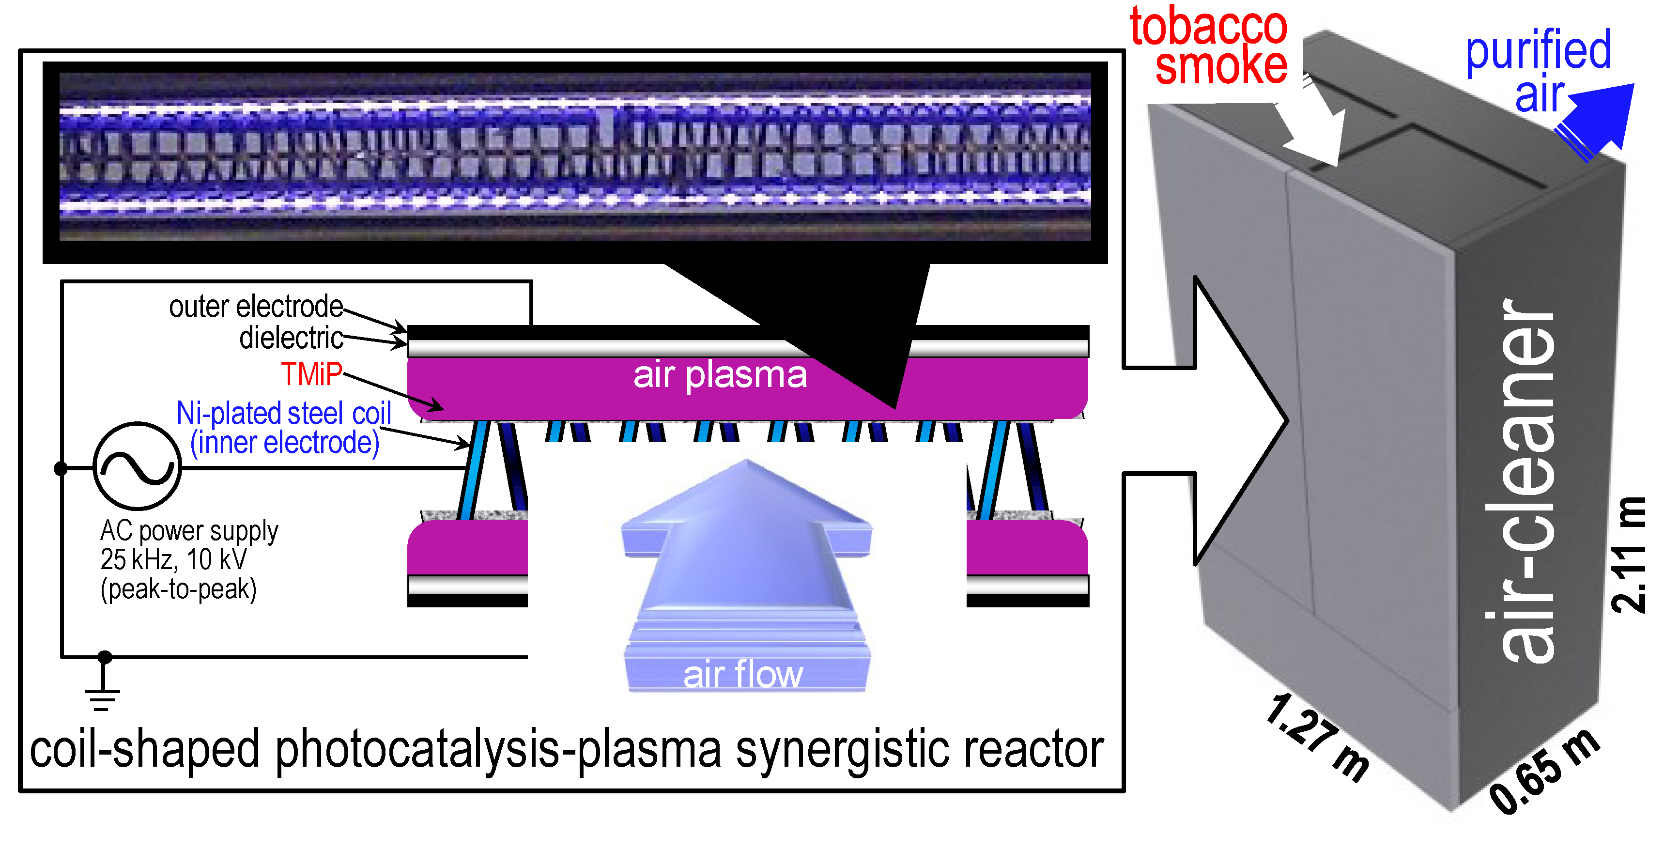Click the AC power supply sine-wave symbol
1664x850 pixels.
point(137,466)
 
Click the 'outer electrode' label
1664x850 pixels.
point(256,307)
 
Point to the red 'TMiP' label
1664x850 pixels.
point(311,374)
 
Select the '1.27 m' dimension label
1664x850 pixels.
point(1318,736)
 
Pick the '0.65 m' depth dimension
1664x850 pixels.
point(1544,772)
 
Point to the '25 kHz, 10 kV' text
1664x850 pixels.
point(173,559)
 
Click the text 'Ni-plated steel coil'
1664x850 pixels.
point(284,413)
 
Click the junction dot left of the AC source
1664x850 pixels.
point(61,468)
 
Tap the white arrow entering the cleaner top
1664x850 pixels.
point(1318,129)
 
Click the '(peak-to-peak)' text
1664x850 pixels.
point(178,589)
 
